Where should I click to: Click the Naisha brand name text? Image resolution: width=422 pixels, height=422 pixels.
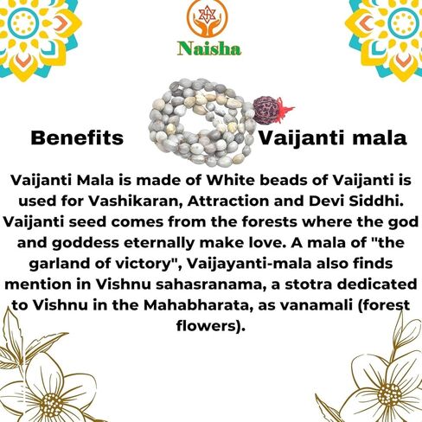pyautogui.click(x=210, y=49)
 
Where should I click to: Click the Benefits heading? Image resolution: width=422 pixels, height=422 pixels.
pyautogui.click(x=77, y=138)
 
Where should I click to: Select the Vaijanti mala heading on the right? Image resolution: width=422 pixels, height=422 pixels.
pyautogui.click(x=333, y=138)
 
